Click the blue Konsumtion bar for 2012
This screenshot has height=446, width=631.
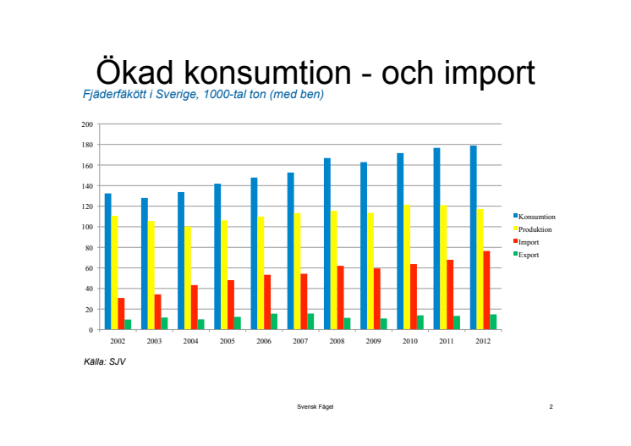pyautogui.click(x=474, y=238)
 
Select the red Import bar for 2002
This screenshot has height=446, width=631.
pyautogui.click(x=121, y=314)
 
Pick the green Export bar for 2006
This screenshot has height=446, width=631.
pyautogui.click(x=273, y=322)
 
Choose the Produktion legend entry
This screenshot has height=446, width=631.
pyautogui.click(x=535, y=229)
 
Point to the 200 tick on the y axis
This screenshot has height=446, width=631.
pyautogui.click(x=87, y=124)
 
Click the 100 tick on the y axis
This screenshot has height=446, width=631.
pyautogui.click(x=87, y=227)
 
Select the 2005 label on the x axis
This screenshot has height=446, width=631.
pyautogui.click(x=227, y=340)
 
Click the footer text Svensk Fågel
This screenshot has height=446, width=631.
pyautogui.click(x=315, y=407)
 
